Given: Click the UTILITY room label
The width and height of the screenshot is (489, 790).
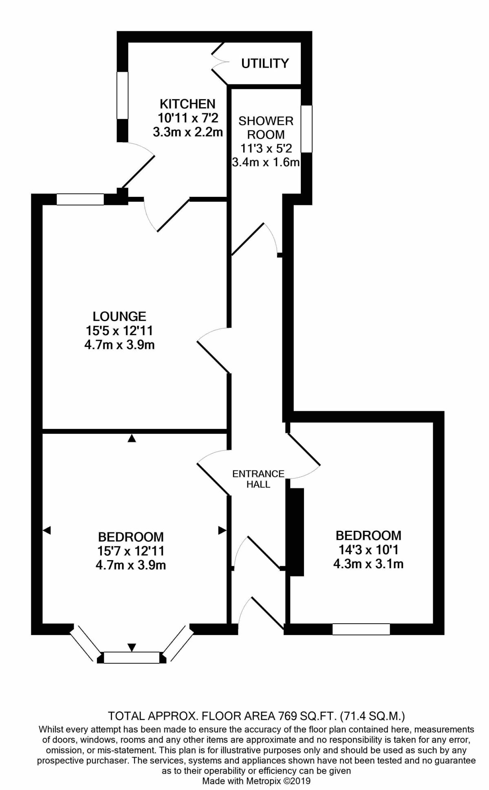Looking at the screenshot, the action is coord(265,63).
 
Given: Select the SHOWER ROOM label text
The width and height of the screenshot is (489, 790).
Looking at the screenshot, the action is coord(266,128).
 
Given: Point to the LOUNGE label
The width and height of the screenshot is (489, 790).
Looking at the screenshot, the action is coord(119,316).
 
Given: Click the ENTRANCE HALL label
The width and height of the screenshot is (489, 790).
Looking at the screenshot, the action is coord(258,479).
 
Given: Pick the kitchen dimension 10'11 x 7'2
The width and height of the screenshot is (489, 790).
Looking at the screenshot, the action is coord(188,118).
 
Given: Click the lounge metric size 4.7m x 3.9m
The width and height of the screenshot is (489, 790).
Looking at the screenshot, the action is coord(119,345).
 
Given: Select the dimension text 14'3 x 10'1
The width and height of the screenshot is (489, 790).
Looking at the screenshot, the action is coord(368,549).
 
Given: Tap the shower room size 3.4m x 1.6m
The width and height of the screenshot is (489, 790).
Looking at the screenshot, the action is coord(266,162).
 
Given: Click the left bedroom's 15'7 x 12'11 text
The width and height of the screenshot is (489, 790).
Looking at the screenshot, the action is coord(131,551).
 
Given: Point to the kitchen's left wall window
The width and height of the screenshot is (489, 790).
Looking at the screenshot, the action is coord(122,95).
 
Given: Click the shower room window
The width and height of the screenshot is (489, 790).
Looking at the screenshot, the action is coord(307,129).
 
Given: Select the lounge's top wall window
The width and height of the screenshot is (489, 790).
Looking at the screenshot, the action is coord(80,199).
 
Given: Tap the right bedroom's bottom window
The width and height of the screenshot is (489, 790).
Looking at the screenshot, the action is coord(361,629).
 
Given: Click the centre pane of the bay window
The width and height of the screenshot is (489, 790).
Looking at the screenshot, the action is coord(131,658).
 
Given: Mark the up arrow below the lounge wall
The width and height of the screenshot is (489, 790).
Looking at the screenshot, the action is coord(131,439).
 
